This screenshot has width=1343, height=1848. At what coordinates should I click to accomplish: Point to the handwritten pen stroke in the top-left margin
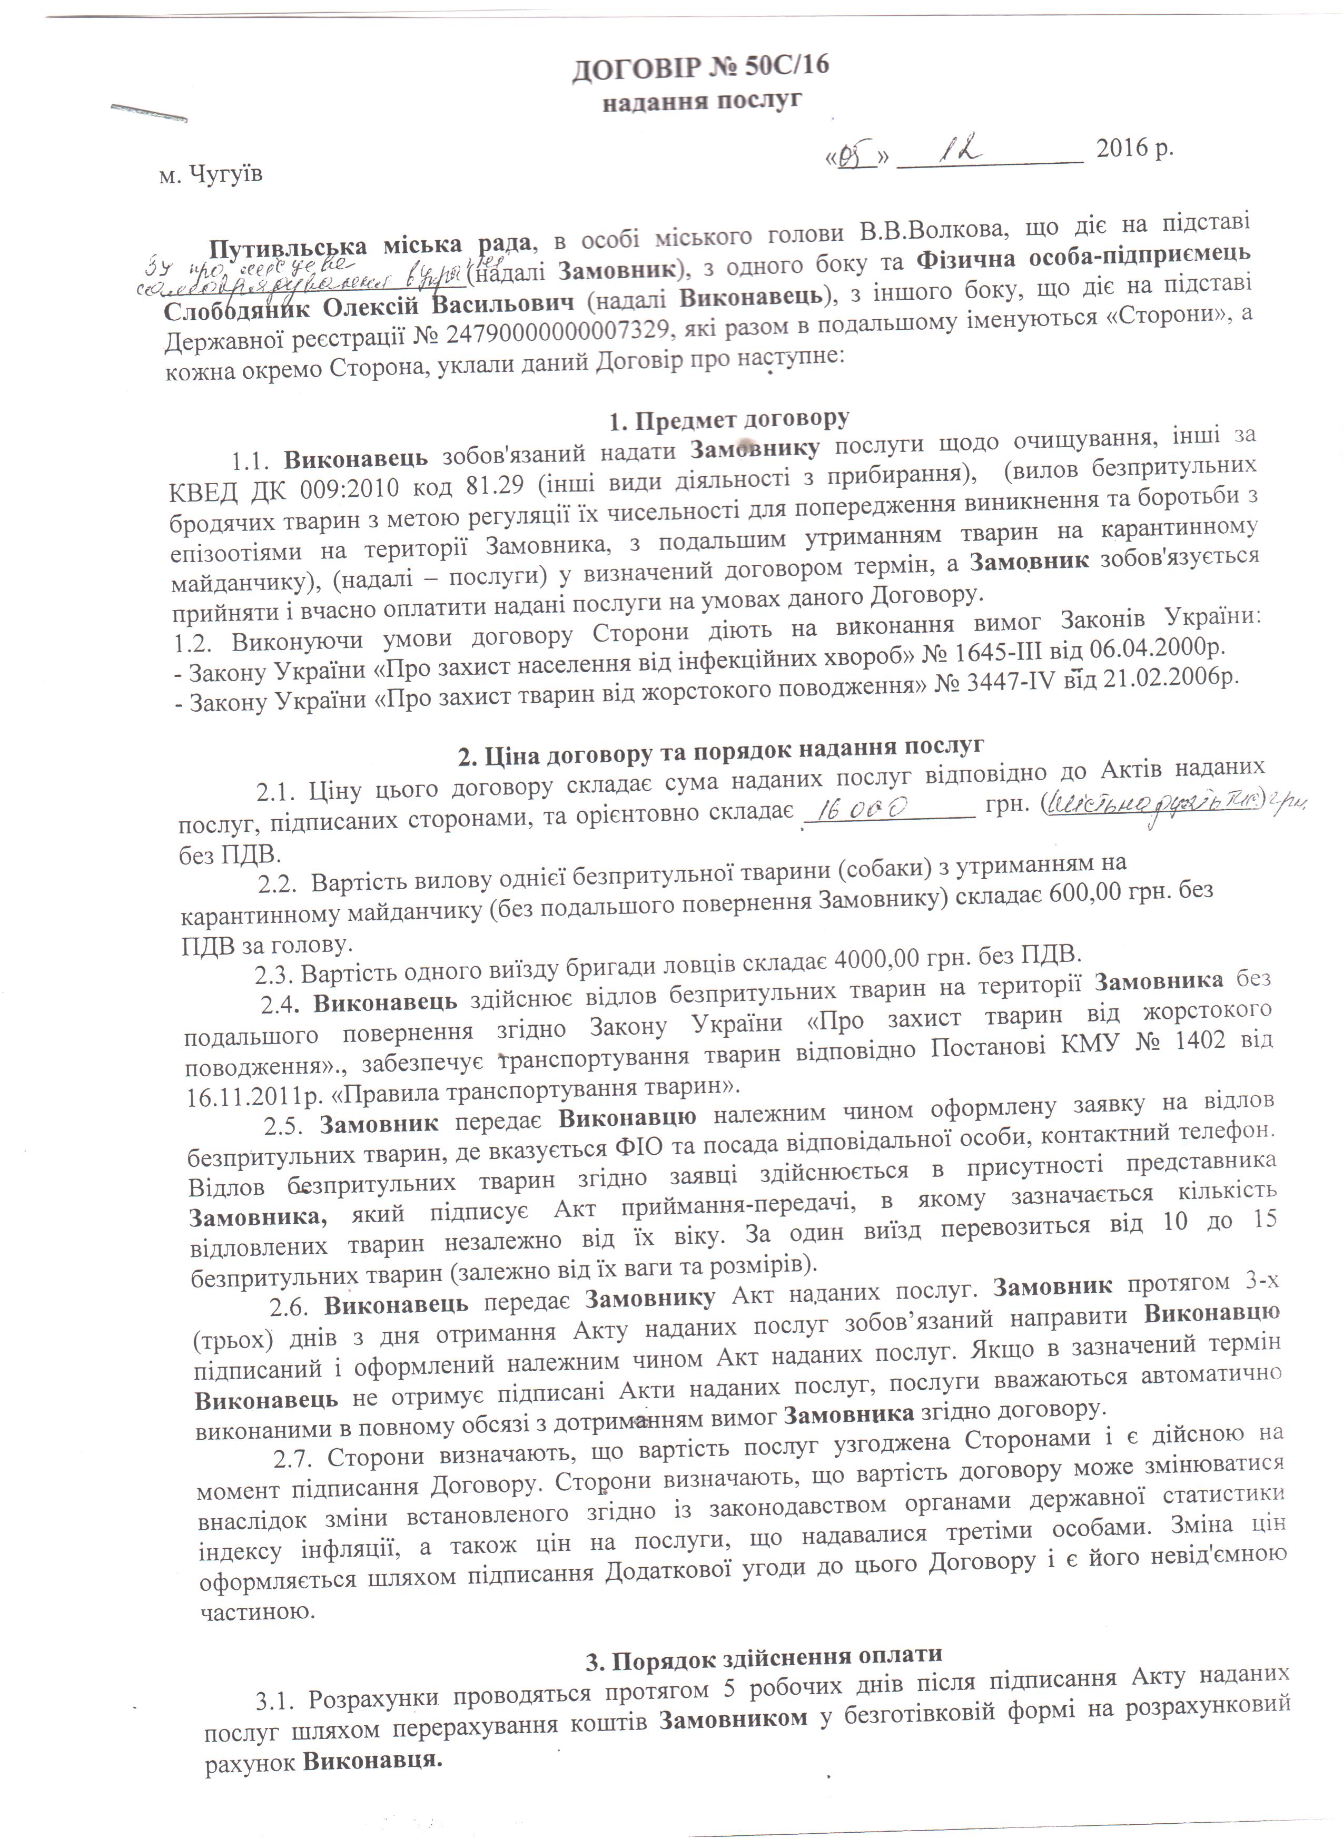click(x=149, y=112)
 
